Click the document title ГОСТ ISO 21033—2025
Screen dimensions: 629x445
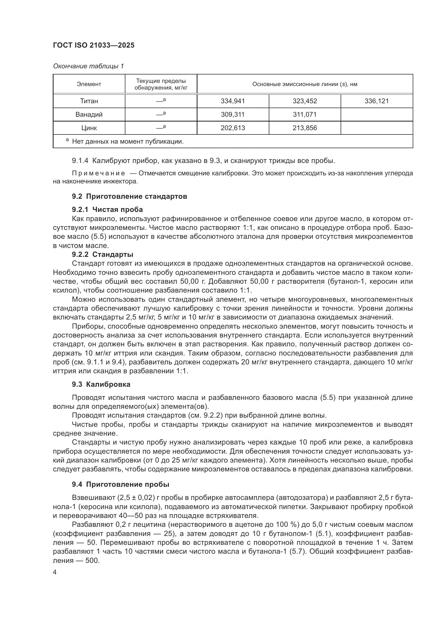point(93,45)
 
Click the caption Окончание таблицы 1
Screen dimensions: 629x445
point(88,66)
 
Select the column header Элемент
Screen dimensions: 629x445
point(89,84)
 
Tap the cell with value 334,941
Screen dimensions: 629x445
point(233,101)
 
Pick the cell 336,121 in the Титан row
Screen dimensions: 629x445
point(376,101)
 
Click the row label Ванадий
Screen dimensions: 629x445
point(89,115)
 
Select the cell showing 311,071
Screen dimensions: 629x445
point(305,115)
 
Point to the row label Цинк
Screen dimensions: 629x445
point(89,128)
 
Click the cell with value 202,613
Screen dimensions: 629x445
point(233,128)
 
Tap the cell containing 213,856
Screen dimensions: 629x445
point(305,128)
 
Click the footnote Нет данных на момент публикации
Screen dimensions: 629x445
point(128,142)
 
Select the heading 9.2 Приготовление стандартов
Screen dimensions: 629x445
point(129,196)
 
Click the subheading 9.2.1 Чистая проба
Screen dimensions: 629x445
point(107,209)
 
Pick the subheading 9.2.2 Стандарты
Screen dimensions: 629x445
point(103,254)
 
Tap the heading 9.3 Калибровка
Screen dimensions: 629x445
point(101,384)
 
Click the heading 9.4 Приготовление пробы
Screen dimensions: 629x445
point(120,484)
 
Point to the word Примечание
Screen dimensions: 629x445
point(98,173)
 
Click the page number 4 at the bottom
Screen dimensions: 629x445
point(55,572)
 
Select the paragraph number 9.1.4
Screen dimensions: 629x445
point(80,161)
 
